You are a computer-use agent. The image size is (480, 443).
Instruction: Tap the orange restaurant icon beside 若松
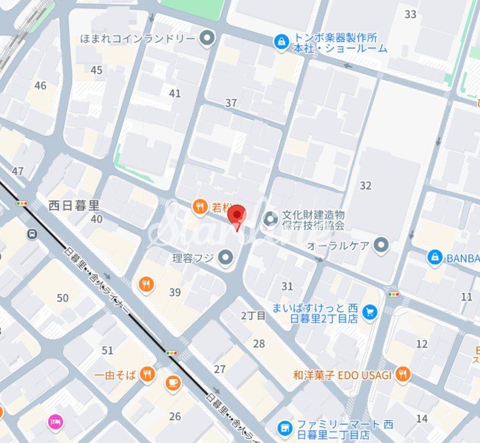point(200,208)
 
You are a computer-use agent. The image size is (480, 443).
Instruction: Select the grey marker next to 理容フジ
point(226,258)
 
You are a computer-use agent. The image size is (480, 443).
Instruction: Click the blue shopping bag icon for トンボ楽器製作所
point(281,42)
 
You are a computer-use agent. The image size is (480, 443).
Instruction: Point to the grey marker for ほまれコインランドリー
point(207,39)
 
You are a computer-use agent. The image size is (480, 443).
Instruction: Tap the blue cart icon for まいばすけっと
point(370,311)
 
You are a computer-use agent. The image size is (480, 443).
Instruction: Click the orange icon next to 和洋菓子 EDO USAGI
point(403,375)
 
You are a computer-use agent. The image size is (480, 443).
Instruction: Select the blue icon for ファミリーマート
point(285,428)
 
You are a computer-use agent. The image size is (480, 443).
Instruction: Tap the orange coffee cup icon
point(173,382)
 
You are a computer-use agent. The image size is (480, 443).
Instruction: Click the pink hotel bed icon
point(55,421)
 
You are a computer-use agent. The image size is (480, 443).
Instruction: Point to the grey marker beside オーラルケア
point(381,245)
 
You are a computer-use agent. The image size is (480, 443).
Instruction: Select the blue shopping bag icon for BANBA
point(434,258)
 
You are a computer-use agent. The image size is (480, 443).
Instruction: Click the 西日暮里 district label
point(74,205)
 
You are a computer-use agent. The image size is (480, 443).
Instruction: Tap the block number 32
point(365,185)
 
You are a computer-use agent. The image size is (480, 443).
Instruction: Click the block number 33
point(411,14)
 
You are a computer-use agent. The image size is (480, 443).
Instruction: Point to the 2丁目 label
point(253,316)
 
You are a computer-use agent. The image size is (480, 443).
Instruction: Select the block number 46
point(40,86)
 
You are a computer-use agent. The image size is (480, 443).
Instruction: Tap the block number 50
point(63,298)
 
